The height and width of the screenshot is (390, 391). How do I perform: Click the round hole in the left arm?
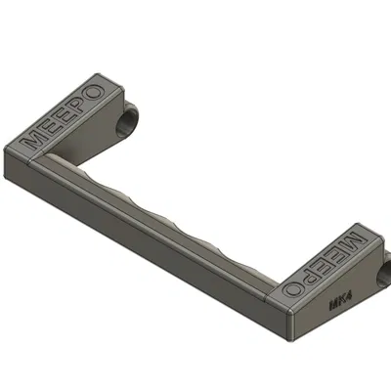(128, 121)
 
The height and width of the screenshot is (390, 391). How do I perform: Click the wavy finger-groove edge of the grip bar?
(176, 220)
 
